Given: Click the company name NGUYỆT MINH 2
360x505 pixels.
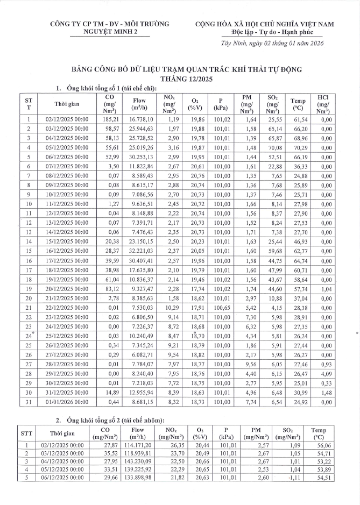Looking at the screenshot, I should point(109,32).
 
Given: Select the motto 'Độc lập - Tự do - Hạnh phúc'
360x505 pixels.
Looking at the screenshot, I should point(279,32).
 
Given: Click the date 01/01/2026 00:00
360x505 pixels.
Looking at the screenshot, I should point(67,401).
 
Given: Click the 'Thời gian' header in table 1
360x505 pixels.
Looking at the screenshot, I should point(67,104).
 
